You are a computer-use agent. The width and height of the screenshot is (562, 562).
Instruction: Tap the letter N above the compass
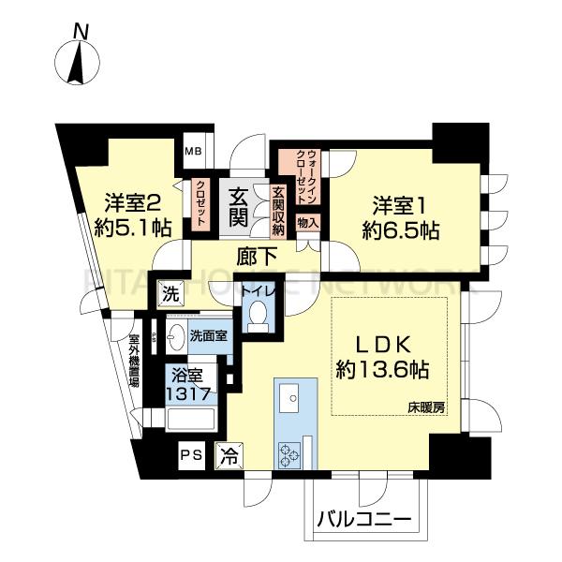pyautogui.click(x=81, y=30)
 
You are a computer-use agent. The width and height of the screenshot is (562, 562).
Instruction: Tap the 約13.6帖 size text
pyautogui.click(x=382, y=369)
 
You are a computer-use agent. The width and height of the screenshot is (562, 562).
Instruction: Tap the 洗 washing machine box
pyautogui.click(x=171, y=292)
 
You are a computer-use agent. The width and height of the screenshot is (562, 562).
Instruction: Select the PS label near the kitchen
pyautogui.click(x=192, y=456)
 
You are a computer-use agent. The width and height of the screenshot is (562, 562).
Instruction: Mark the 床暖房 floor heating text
pyautogui.click(x=424, y=407)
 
